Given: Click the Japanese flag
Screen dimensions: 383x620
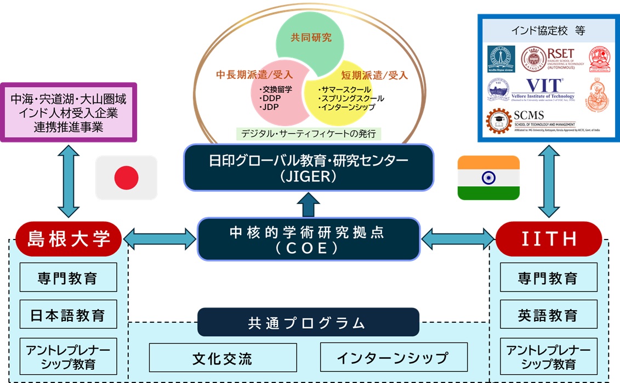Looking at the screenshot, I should point(126,178).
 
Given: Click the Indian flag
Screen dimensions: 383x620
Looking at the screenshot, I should point(488,178).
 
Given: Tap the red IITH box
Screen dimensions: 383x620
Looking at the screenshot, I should point(548,238).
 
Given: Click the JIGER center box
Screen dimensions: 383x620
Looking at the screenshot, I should point(309,167).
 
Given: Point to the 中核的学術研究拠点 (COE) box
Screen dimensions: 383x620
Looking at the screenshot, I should point(308,239).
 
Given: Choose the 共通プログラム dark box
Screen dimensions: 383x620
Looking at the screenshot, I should point(308,322).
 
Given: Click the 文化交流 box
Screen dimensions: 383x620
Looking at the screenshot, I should point(223,358).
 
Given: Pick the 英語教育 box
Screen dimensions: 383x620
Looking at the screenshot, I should point(548,315).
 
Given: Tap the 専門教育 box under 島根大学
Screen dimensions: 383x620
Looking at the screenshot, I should point(69,277).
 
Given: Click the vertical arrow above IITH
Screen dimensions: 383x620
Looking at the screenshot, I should point(548,181).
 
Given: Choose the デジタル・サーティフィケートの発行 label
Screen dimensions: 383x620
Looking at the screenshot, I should point(309,133).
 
